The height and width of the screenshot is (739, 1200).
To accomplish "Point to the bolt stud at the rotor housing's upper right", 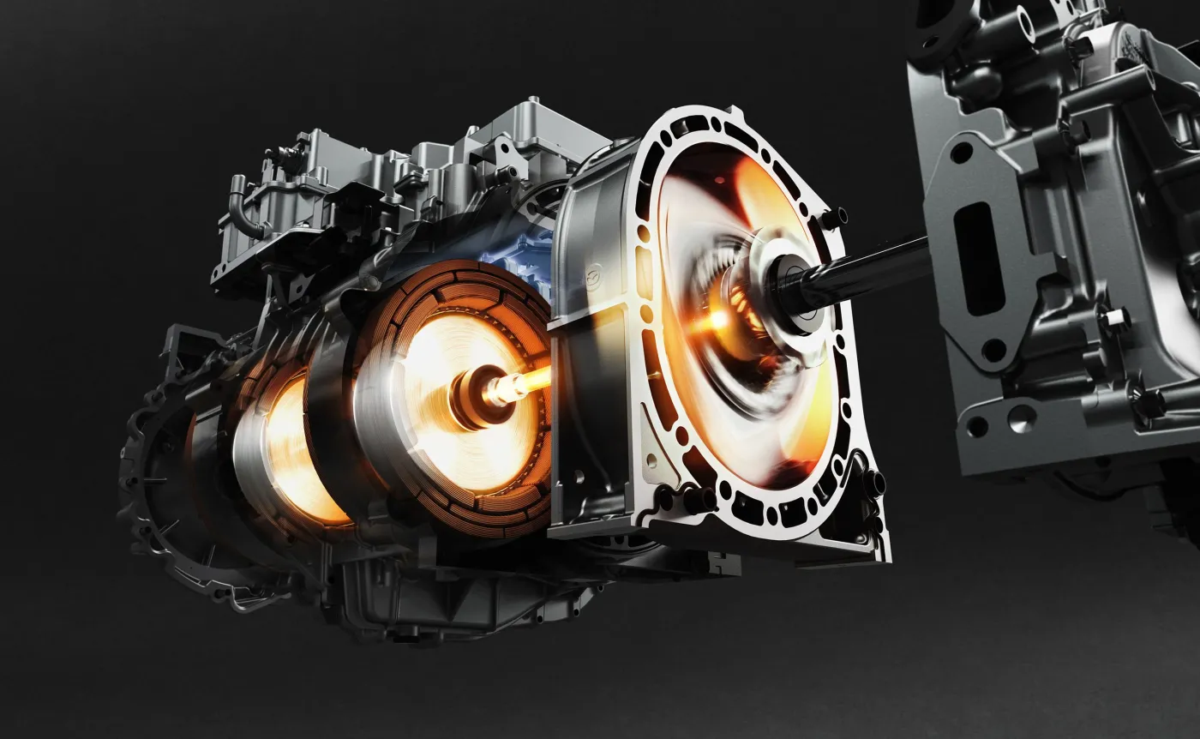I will (x=829, y=219).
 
